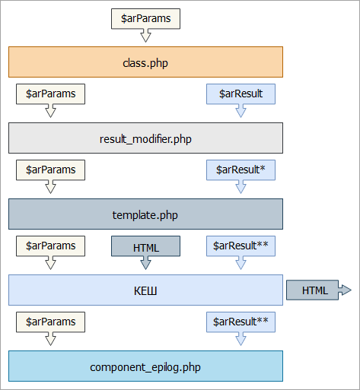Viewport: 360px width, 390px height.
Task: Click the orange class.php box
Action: (145, 62)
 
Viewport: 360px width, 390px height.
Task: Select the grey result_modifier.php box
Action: (145, 138)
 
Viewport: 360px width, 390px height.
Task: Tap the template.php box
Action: (145, 214)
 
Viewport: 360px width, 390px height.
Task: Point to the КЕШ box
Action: (145, 290)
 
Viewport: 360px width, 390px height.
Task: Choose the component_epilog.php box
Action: (145, 366)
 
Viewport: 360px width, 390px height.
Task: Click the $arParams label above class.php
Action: (145, 19)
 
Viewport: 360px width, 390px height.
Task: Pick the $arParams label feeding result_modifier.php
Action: (50, 94)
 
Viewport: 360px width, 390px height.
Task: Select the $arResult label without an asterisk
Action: (241, 94)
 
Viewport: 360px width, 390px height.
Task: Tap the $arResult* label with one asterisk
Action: (241, 170)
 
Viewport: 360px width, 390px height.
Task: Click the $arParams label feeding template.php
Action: (50, 170)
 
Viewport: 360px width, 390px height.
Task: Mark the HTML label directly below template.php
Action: (145, 246)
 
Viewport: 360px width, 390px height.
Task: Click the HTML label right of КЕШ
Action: (312, 290)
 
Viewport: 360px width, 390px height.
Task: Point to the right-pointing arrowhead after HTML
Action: (345, 290)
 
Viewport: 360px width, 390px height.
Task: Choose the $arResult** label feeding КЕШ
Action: (241, 246)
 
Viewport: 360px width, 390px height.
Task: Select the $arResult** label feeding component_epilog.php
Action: (241, 322)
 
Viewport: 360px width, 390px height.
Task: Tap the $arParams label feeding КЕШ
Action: (50, 246)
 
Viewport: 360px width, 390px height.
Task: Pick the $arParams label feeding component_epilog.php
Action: (50, 322)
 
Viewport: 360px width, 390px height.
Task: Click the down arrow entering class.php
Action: (145, 36)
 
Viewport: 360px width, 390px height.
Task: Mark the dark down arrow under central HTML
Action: (145, 263)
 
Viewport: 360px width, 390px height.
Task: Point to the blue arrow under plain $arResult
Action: (241, 111)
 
